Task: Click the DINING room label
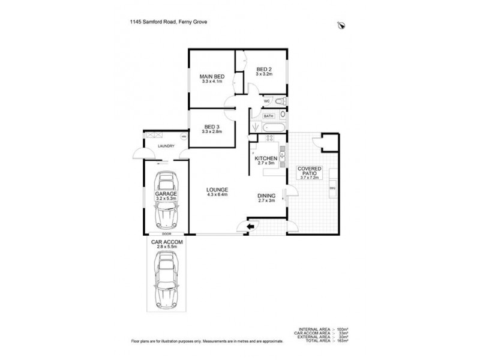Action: click(266, 196)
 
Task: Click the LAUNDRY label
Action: click(166, 146)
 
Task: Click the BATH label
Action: click(268, 115)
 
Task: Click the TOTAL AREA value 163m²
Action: click(342, 341)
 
